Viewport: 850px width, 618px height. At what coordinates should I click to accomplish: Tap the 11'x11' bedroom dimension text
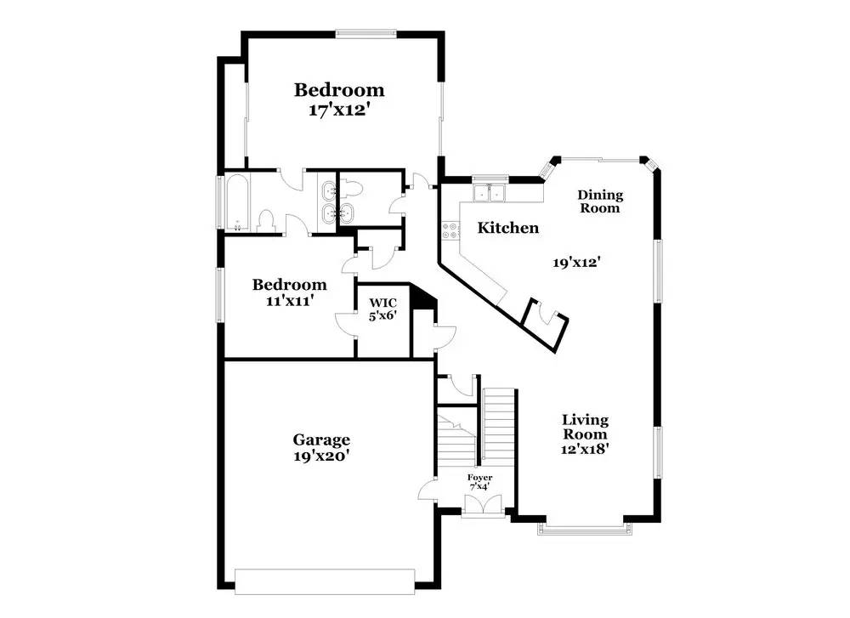point(290,299)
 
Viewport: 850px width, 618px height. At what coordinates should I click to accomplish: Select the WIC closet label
point(382,302)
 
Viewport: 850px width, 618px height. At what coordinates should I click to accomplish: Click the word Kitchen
point(507,228)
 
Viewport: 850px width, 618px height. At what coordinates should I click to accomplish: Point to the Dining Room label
point(600,201)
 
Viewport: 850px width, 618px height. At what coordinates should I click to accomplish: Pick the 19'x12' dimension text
point(577,263)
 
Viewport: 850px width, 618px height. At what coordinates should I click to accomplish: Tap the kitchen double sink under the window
point(490,193)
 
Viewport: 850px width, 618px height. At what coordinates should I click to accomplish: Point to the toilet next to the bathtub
point(264,221)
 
